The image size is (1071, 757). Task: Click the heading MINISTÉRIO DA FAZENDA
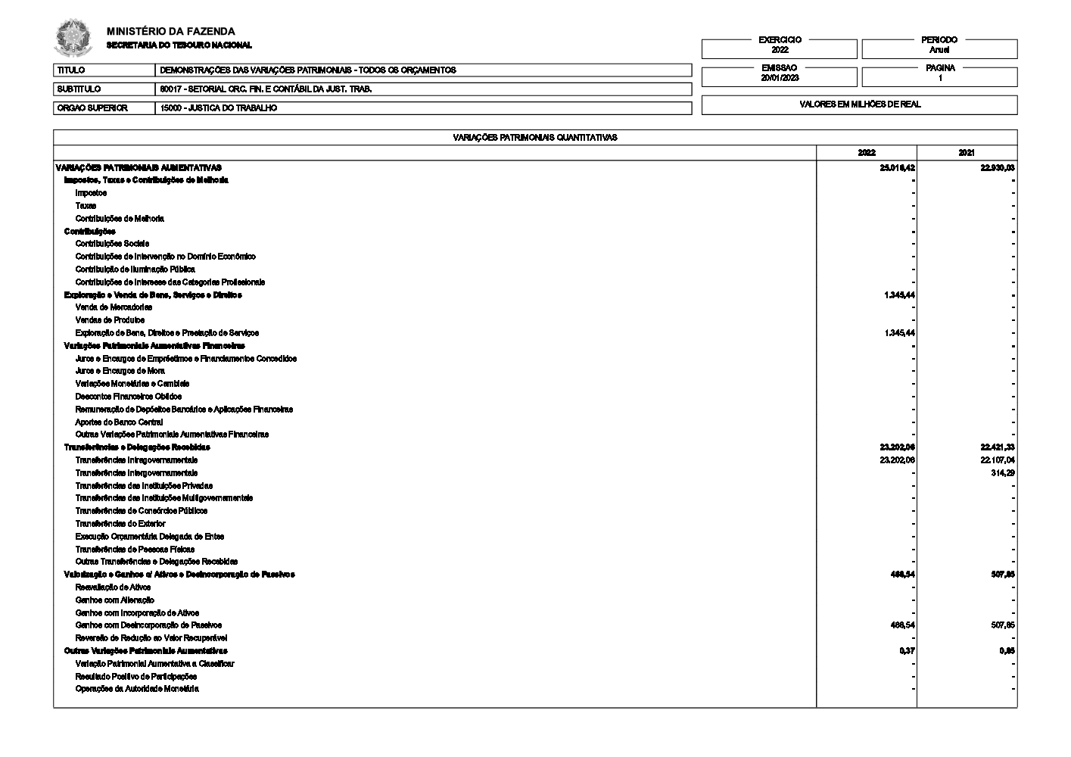171,32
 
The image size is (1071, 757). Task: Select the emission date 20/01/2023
780,78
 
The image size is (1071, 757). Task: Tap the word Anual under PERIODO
939,50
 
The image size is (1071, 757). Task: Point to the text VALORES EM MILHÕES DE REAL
860,104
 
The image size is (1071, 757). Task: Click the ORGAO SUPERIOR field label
92,108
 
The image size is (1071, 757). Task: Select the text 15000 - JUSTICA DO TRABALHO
219,108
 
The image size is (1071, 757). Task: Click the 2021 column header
967,152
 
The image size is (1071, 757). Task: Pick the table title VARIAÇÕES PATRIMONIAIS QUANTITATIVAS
535,138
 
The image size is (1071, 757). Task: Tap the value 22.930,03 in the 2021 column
997,167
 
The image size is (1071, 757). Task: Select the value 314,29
1002,473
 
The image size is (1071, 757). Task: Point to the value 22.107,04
997,460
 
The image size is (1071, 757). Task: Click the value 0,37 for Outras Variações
907,651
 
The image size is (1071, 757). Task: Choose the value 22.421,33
997,447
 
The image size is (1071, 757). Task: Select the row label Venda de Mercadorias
114,307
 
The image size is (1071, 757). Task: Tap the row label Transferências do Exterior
120,524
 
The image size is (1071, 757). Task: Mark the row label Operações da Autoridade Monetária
137,689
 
